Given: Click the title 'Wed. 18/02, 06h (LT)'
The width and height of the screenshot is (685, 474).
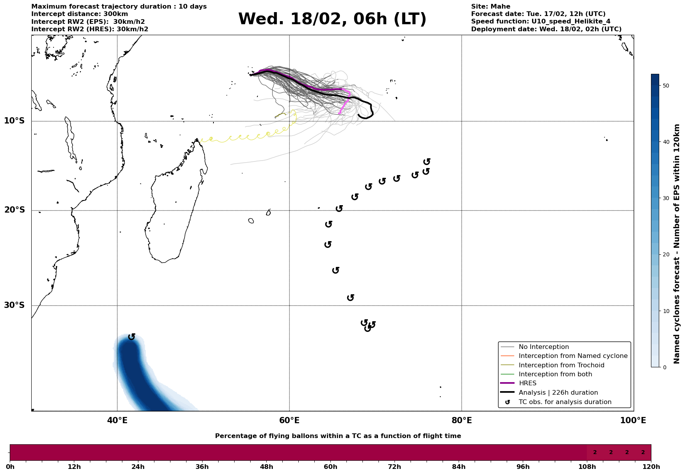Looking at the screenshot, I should coord(332,19).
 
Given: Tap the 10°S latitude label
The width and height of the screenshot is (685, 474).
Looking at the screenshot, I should coord(14,121).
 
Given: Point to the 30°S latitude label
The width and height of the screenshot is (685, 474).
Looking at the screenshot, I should coord(14,305).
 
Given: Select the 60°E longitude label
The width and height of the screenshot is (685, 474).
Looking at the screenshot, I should coord(289,420).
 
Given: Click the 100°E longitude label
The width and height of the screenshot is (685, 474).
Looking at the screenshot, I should coord(633,420).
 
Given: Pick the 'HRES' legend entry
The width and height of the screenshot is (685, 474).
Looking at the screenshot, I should coord(527,383).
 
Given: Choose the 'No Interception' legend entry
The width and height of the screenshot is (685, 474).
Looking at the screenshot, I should coord(543,347).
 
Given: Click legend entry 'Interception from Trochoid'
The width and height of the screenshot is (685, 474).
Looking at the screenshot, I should coord(561,365).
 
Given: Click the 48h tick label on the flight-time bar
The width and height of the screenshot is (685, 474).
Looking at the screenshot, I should coord(266,467).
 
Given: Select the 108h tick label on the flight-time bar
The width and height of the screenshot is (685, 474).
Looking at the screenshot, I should coord(587,467).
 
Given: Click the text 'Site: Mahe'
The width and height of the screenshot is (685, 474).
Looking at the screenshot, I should coord(490,7).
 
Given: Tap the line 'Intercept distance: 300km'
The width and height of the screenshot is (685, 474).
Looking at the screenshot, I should coord(79,14).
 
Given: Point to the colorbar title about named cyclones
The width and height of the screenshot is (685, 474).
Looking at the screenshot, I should coord(677,244).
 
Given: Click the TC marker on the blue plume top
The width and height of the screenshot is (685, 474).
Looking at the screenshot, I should coord(132,336).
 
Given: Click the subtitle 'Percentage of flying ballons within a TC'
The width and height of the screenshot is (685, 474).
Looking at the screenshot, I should coord(338,436).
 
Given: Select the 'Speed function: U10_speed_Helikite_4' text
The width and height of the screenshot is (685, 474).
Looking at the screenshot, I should coord(540,21).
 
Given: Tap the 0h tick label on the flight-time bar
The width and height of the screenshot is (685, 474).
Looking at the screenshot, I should coord(10,467).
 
